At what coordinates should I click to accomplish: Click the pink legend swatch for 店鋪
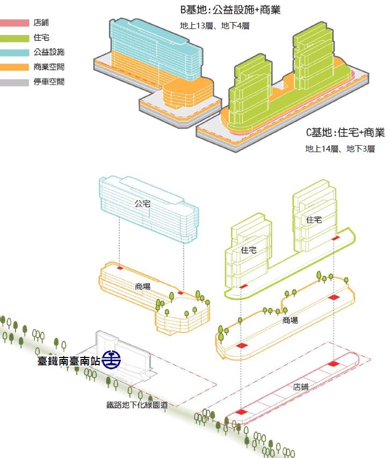pyautogui.click(x=15, y=23)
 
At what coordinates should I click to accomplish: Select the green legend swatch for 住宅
pyautogui.click(x=15, y=38)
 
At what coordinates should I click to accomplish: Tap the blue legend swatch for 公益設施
pyautogui.click(x=15, y=53)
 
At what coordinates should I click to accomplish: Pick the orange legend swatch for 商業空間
pyautogui.click(x=15, y=67)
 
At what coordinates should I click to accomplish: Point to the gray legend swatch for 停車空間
pyautogui.click(x=15, y=82)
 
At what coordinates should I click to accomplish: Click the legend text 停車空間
pyautogui.click(x=49, y=82)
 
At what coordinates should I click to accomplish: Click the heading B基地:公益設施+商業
pyautogui.click(x=230, y=10)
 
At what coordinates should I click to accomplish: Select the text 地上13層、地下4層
pyautogui.click(x=214, y=26)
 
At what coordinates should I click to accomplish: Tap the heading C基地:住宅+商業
pyautogui.click(x=345, y=133)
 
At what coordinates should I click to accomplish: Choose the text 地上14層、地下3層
pyautogui.click(x=340, y=149)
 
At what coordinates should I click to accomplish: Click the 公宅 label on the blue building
pyautogui.click(x=142, y=204)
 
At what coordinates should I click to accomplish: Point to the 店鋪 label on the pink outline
pyautogui.click(x=301, y=387)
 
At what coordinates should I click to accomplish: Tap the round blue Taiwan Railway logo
pyautogui.click(x=111, y=360)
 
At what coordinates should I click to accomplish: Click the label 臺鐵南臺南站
pyautogui.click(x=69, y=361)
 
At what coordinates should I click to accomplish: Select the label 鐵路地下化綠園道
pyautogui.click(x=137, y=405)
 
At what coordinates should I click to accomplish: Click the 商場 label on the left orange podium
pyautogui.click(x=143, y=287)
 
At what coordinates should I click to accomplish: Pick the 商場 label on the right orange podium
pyautogui.click(x=290, y=320)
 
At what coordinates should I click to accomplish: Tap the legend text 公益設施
pyautogui.click(x=49, y=52)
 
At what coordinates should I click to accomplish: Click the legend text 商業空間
pyautogui.click(x=49, y=67)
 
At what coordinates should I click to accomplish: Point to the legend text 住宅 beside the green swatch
pyautogui.click(x=41, y=38)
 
